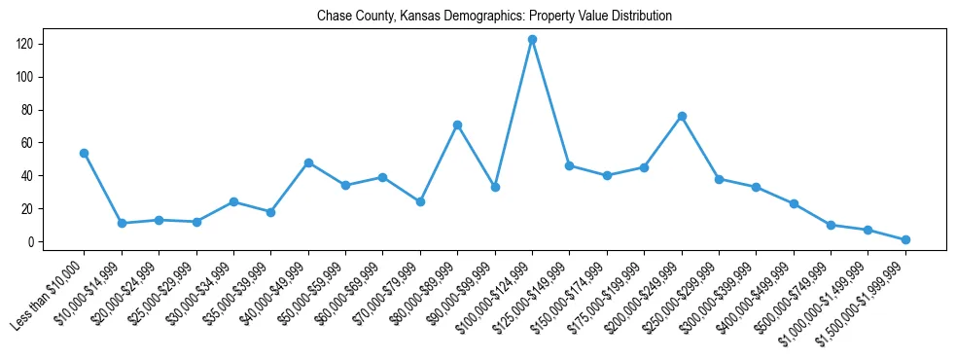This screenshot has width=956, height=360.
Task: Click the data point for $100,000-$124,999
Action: coord(532,40)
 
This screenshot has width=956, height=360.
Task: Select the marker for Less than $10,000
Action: coord(84,153)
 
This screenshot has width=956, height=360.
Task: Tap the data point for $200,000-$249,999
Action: coord(682,116)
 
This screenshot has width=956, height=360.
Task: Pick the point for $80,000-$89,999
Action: coord(457,125)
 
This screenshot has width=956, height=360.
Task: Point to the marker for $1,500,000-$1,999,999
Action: coord(905,239)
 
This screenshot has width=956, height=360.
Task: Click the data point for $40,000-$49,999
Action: coord(308,162)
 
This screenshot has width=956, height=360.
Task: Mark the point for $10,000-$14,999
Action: coord(122,223)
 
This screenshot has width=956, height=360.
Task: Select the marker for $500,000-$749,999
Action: coord(831,225)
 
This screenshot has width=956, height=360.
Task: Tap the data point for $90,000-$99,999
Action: coord(495,187)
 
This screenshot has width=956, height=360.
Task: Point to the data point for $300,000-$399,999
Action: coord(757,187)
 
